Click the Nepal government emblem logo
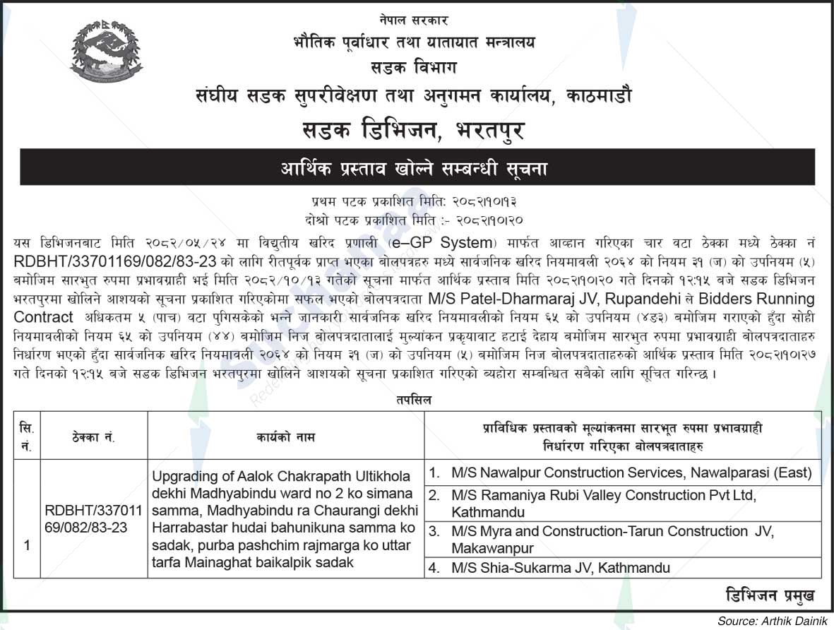click(x=107, y=54)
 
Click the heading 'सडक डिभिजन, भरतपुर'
click(x=417, y=130)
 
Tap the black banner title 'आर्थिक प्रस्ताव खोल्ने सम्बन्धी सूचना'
click(x=416, y=169)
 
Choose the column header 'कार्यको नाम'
click(x=285, y=438)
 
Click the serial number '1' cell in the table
click(x=27, y=545)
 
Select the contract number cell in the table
click(x=93, y=518)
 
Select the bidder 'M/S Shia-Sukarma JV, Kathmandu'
click(x=561, y=567)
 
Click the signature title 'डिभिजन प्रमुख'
click(x=769, y=595)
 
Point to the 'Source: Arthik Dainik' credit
click(x=773, y=622)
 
